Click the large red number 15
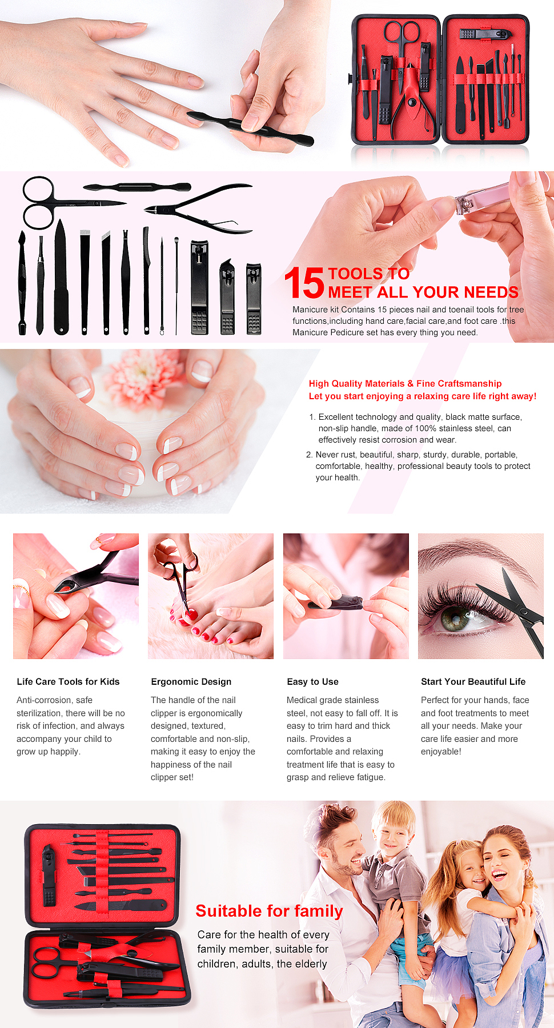[x=304, y=283]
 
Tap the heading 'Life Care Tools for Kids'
[x=68, y=681]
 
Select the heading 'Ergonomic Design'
[x=191, y=681]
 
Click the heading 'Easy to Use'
[x=312, y=681]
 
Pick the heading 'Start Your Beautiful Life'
[x=473, y=681]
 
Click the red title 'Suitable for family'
[x=269, y=911]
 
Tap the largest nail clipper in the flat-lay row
[x=199, y=287]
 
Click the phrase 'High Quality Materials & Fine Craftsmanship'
[x=405, y=384]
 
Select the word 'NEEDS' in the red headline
[x=491, y=292]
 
